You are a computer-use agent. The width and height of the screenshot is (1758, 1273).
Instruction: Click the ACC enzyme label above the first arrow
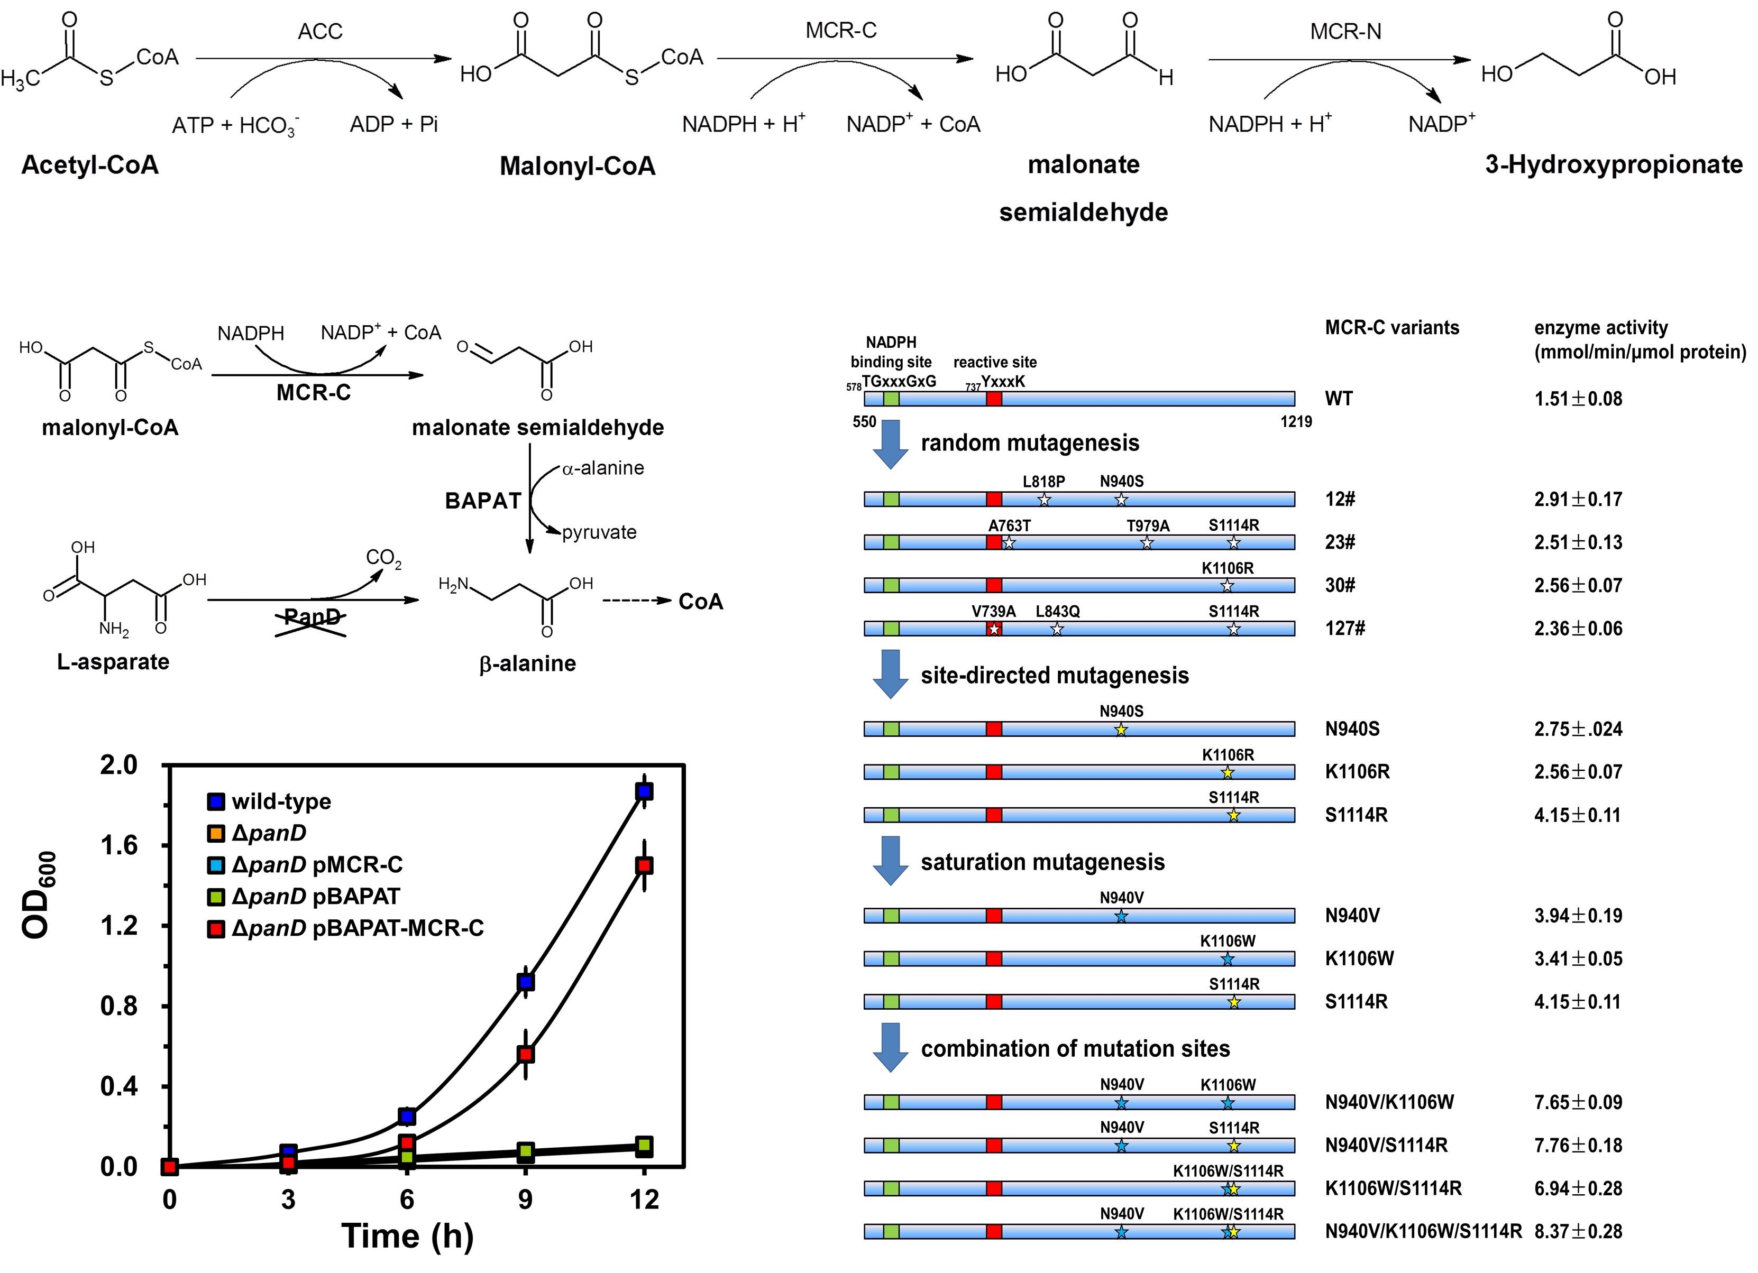pyautogui.click(x=319, y=31)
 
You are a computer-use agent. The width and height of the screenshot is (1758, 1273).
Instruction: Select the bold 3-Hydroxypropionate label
pyautogui.click(x=1614, y=164)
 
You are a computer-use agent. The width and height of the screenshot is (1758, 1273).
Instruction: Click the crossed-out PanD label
pyautogui.click(x=312, y=617)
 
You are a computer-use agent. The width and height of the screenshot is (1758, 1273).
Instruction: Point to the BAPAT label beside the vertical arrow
pyautogui.click(x=483, y=501)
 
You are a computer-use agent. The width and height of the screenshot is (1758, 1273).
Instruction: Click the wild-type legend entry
pyautogui.click(x=281, y=801)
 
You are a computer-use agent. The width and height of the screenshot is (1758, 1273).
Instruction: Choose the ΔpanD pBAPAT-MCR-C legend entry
pyautogui.click(x=356, y=928)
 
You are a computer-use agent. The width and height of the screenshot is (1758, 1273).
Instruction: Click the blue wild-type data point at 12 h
pyautogui.click(x=643, y=791)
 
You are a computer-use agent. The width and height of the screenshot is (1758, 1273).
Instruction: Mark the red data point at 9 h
pyautogui.click(x=526, y=1054)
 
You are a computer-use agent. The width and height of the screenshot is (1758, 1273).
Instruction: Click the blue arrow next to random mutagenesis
pyautogui.click(x=891, y=444)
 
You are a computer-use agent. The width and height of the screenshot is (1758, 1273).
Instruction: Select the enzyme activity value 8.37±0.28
pyautogui.click(x=1578, y=1231)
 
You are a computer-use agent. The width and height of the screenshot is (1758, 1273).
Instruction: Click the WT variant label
pyautogui.click(x=1339, y=399)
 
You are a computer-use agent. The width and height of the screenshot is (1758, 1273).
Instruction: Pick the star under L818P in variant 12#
pyautogui.click(x=1043, y=500)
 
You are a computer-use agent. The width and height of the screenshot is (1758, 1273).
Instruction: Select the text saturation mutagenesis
pyautogui.click(x=1042, y=862)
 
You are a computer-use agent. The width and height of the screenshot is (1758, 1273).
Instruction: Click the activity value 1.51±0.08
pyautogui.click(x=1578, y=399)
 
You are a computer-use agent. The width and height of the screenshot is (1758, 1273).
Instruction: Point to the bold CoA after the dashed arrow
pyautogui.click(x=701, y=602)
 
